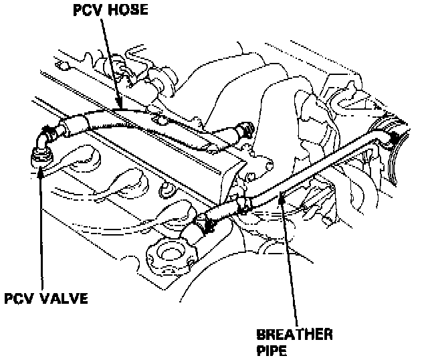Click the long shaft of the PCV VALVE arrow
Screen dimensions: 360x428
(43, 228)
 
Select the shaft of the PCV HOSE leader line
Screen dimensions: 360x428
(111, 60)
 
